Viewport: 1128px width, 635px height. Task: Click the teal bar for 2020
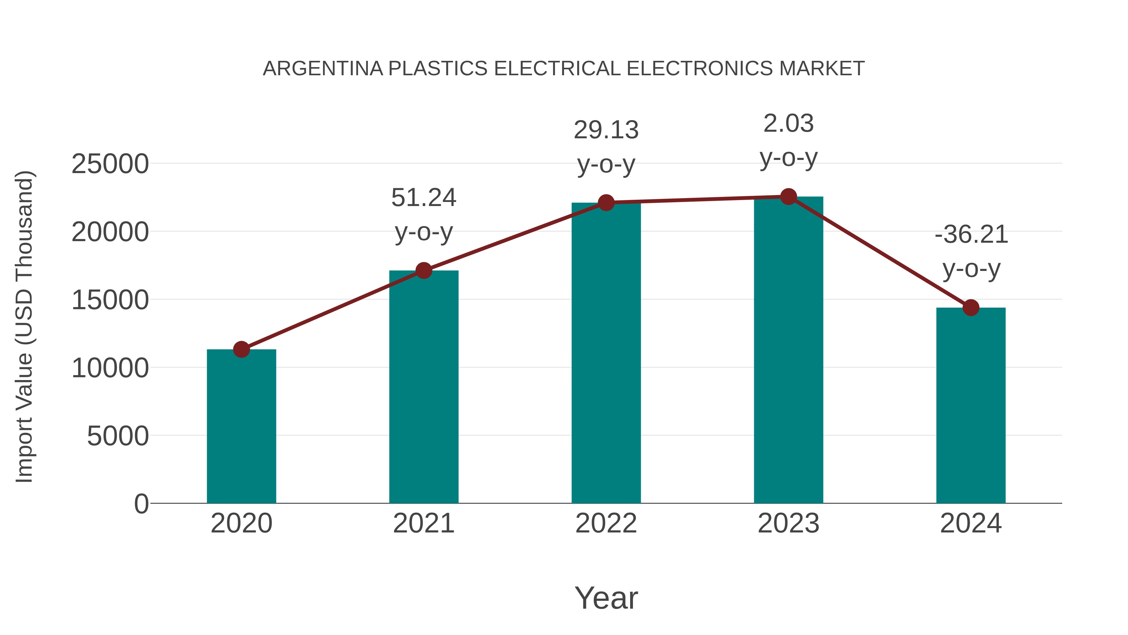[241, 427]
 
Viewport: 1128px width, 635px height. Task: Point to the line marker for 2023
[788, 197]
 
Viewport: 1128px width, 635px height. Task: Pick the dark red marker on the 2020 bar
[241, 349]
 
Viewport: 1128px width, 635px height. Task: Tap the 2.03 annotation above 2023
[788, 124]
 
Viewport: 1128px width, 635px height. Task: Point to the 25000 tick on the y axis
[110, 164]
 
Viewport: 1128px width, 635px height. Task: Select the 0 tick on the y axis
[141, 504]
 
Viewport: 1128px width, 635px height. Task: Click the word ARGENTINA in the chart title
[323, 69]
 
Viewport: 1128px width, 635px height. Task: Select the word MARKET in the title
[822, 69]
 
